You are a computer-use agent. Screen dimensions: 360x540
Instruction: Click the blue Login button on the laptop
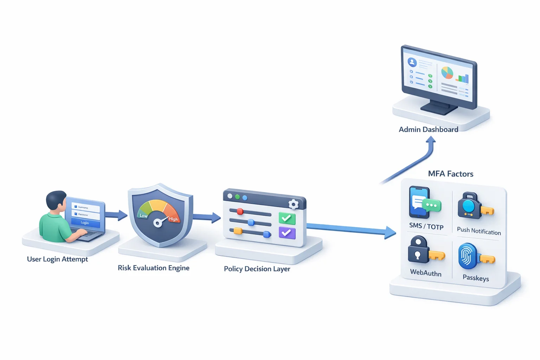coord(85,223)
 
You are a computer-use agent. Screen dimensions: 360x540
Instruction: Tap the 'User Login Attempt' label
coord(57,259)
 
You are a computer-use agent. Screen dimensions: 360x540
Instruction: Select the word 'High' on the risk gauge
coord(173,219)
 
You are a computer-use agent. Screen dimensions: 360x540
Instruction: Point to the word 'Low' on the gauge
coord(143,216)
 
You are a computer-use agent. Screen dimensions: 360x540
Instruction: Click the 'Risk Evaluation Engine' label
coord(153,268)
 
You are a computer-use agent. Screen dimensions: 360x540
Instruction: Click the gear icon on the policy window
coord(293,204)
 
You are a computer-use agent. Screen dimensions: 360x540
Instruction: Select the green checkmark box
coord(287,218)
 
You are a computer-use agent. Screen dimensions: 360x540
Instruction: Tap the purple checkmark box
coord(287,233)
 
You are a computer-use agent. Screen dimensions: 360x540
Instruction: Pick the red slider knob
coord(240,212)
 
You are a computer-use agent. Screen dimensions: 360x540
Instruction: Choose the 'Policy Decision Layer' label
coord(257,269)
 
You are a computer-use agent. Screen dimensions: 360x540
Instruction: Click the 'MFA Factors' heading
coord(450,174)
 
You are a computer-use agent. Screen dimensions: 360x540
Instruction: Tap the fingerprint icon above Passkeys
coord(467,256)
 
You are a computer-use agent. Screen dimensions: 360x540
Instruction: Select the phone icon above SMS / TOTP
coord(419,202)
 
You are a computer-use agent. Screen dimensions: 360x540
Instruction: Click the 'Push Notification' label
coord(479,231)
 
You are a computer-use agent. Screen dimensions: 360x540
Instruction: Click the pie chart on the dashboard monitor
coord(447,73)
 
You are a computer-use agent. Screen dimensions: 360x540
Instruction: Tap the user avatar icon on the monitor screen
coord(412,63)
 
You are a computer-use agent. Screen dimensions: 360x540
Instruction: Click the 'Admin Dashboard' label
coord(428,130)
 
